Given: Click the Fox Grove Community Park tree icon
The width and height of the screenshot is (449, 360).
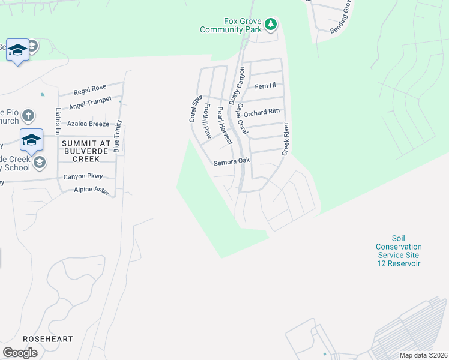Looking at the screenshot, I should (x=271, y=25).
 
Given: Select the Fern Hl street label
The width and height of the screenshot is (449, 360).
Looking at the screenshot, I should (x=265, y=86).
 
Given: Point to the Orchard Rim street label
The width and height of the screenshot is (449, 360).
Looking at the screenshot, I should (x=262, y=111).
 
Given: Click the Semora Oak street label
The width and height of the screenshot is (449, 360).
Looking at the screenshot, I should (x=231, y=162).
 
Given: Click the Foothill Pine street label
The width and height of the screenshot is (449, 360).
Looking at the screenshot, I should (x=208, y=121).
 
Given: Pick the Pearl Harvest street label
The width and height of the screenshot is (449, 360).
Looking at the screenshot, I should (x=224, y=125).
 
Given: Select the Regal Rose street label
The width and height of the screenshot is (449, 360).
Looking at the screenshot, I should (x=89, y=91).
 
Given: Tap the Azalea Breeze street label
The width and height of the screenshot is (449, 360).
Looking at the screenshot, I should (x=88, y=124).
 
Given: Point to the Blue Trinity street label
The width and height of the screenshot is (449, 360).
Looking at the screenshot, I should (x=118, y=136).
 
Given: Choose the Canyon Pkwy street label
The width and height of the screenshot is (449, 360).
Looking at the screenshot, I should (x=83, y=176).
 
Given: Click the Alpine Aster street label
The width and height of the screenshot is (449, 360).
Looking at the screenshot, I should (x=91, y=190).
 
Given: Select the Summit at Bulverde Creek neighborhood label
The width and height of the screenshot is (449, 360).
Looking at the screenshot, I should (x=86, y=150).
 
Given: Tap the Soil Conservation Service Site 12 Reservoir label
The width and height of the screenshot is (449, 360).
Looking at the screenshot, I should (x=399, y=251).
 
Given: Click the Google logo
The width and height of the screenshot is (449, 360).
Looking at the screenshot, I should (x=20, y=352).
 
